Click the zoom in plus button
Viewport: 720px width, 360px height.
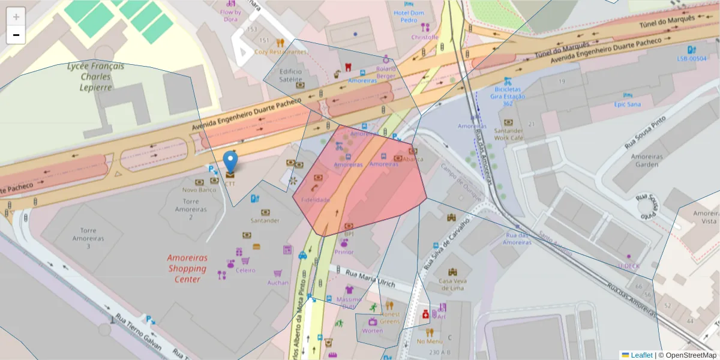(x=16, y=17)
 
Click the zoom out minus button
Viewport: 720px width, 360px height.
(x=16, y=35)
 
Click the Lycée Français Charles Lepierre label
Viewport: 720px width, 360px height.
(x=96, y=76)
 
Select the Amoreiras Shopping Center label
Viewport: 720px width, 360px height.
(x=187, y=268)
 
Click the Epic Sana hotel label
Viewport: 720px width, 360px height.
(x=627, y=104)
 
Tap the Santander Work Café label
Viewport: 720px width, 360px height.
(x=508, y=134)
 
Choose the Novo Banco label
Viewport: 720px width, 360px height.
(x=199, y=190)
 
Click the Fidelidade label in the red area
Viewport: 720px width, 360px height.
(x=316, y=199)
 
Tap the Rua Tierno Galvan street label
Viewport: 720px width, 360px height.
(x=140, y=331)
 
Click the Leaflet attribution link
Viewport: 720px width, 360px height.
(x=641, y=355)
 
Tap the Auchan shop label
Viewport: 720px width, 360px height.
(x=277, y=283)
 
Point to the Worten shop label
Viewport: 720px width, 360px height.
(x=373, y=331)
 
